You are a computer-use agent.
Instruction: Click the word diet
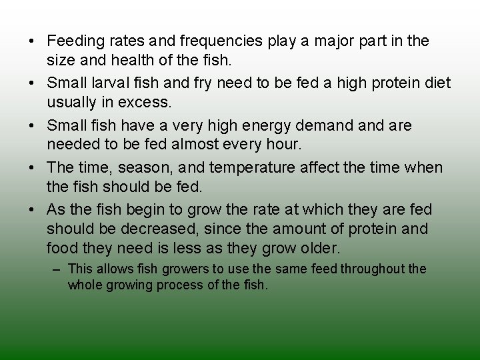pyautogui.click(x=436, y=83)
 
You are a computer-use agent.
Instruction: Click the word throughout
pyautogui.click(x=373, y=269)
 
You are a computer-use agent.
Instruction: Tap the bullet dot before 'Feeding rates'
pyautogui.click(x=32, y=41)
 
